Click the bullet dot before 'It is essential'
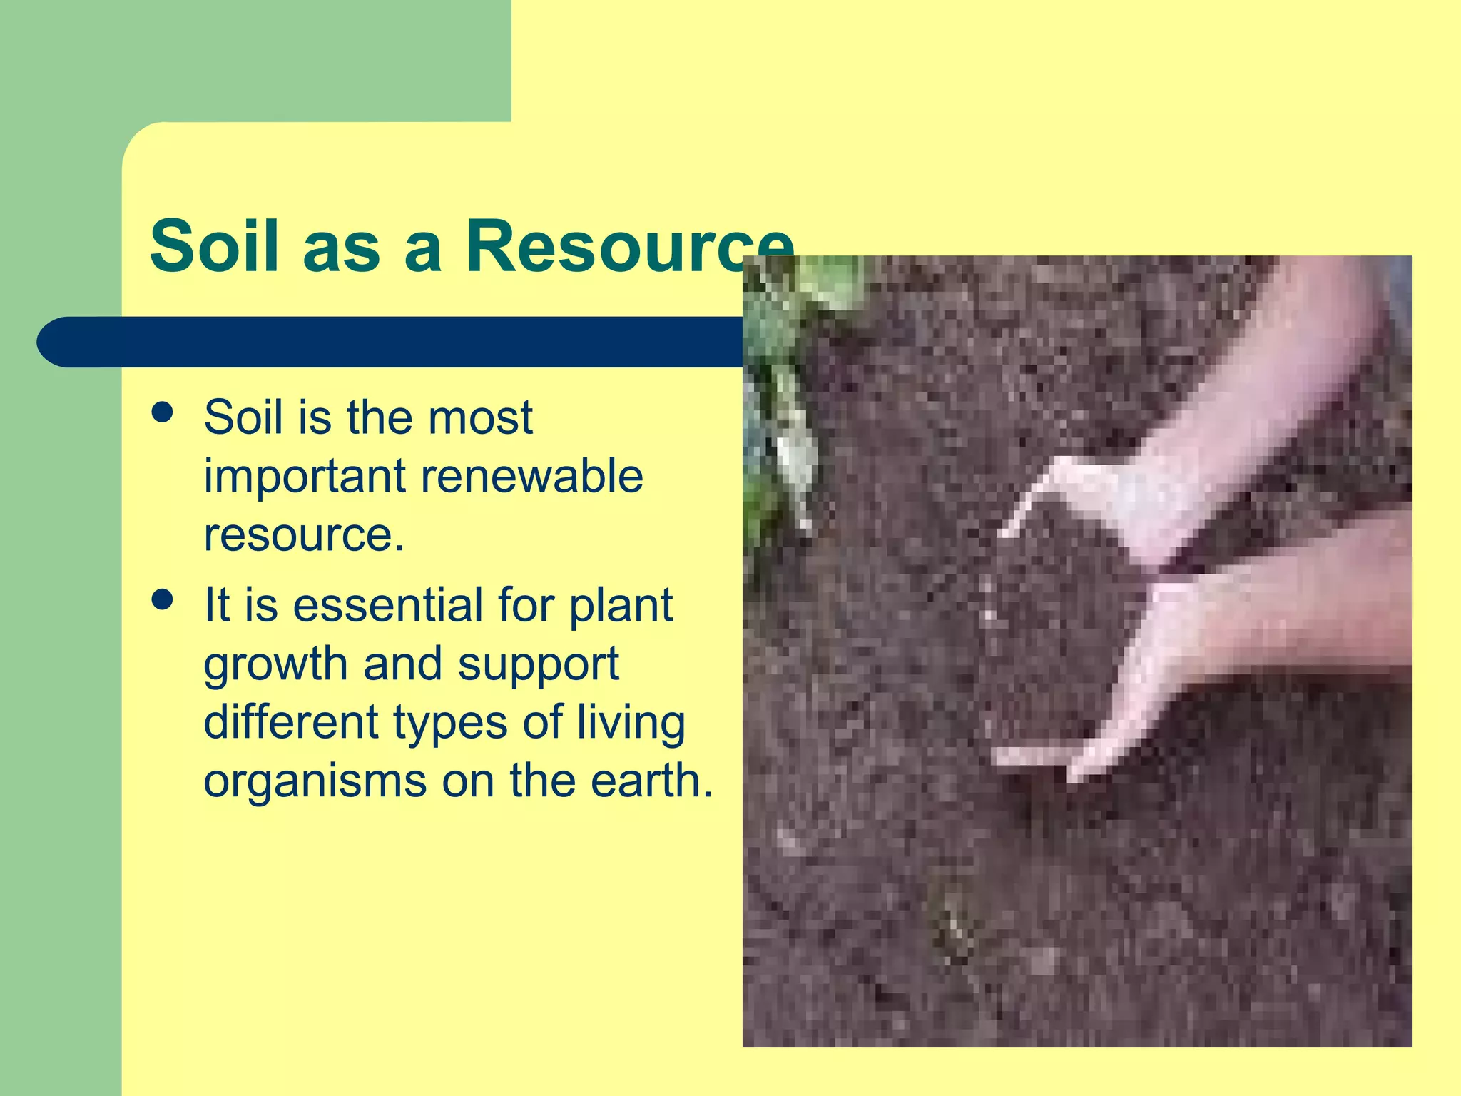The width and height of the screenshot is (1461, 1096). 163,600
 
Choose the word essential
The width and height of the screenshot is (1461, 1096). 388,605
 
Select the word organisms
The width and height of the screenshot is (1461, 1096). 315,782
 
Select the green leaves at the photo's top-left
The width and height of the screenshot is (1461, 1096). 806,300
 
